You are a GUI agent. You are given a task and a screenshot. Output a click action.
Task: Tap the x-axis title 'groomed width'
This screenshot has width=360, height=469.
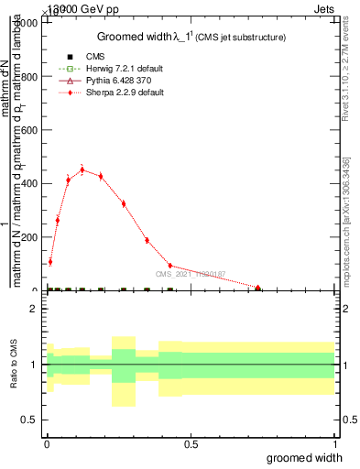pos(306,457)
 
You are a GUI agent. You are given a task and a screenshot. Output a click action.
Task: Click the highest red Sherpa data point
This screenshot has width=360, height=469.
pos(82,169)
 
